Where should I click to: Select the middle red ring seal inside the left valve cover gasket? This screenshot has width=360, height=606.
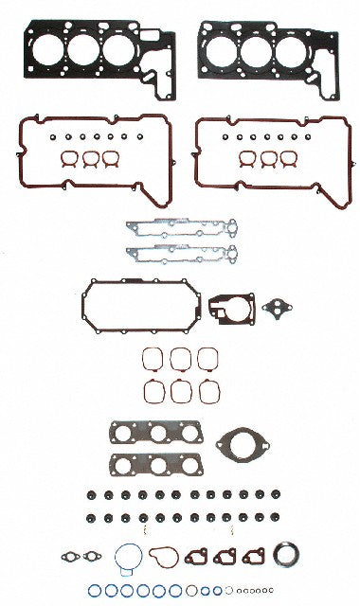[x=91, y=159]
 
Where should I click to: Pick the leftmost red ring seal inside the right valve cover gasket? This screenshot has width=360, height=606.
[x=248, y=158]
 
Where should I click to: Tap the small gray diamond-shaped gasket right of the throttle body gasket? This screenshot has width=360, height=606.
[x=277, y=308]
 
